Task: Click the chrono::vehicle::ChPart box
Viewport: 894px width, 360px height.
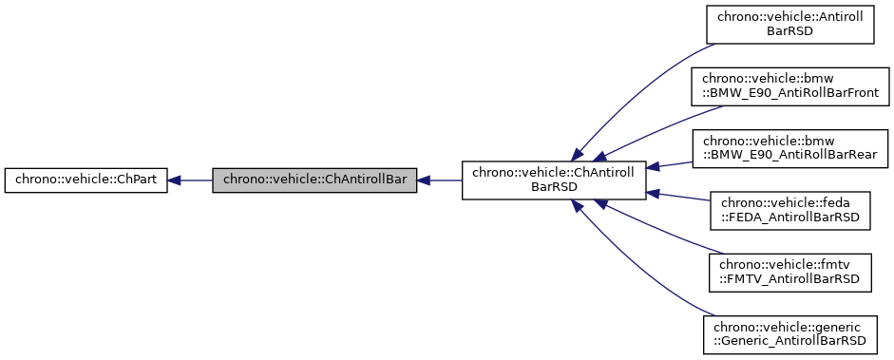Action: [86, 180]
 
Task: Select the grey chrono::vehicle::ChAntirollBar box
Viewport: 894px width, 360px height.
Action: [314, 180]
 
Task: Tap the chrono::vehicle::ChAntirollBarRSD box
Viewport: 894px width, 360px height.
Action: [554, 180]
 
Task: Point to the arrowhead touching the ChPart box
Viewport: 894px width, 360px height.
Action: [176, 180]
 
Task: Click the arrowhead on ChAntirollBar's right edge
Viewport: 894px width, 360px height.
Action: [424, 180]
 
